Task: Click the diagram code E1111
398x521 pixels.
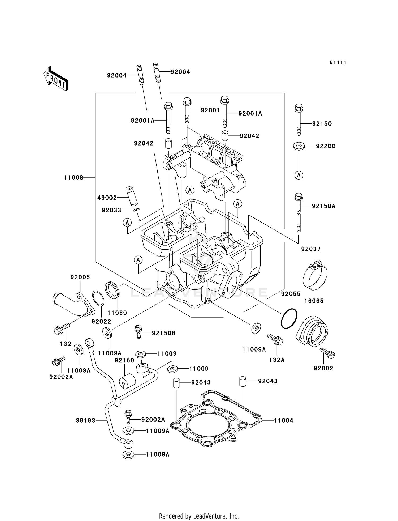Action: [x=338, y=62]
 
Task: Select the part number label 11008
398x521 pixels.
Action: [x=73, y=177]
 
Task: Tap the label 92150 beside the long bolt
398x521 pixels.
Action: [x=322, y=123]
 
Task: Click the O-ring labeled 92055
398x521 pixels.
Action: [x=289, y=318]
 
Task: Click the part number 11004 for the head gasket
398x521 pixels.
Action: [x=283, y=421]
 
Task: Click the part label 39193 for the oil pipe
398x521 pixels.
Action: [x=85, y=421]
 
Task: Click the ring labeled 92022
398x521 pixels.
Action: [x=98, y=298]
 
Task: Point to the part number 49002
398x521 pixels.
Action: [x=107, y=198]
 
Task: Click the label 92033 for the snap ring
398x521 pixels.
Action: [x=111, y=210]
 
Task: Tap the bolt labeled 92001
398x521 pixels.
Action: [x=187, y=110]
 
